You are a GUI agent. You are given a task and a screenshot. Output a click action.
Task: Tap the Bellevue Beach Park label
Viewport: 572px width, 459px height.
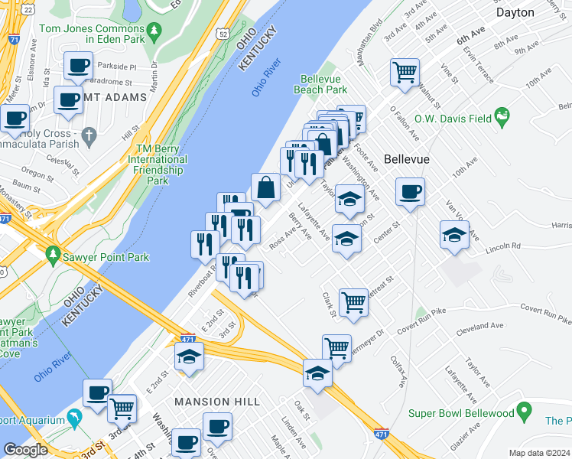pyautogui.click(x=323, y=84)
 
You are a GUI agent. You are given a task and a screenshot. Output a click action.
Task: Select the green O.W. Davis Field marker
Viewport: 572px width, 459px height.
pyautogui.click(x=502, y=118)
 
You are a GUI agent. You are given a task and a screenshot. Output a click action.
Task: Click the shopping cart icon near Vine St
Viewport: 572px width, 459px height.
pyautogui.click(x=405, y=73)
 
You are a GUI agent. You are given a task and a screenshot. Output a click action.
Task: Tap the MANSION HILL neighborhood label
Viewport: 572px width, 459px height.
pyautogui.click(x=213, y=402)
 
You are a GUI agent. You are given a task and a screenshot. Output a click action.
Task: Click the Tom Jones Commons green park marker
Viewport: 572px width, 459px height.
pyautogui.click(x=156, y=32)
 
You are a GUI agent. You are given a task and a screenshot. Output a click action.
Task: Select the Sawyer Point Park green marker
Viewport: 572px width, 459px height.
pyautogui.click(x=54, y=253)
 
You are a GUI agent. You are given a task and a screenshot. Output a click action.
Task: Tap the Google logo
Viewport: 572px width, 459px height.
pyautogui.click(x=25, y=450)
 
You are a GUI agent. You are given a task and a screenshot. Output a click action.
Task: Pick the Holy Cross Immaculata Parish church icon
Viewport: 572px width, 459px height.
pyautogui.click(x=89, y=138)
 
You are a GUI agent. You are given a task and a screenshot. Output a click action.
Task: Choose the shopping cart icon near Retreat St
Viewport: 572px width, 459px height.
pyautogui.click(x=353, y=301)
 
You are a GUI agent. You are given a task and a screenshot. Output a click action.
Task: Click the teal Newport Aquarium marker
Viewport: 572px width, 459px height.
pyautogui.click(x=75, y=418)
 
